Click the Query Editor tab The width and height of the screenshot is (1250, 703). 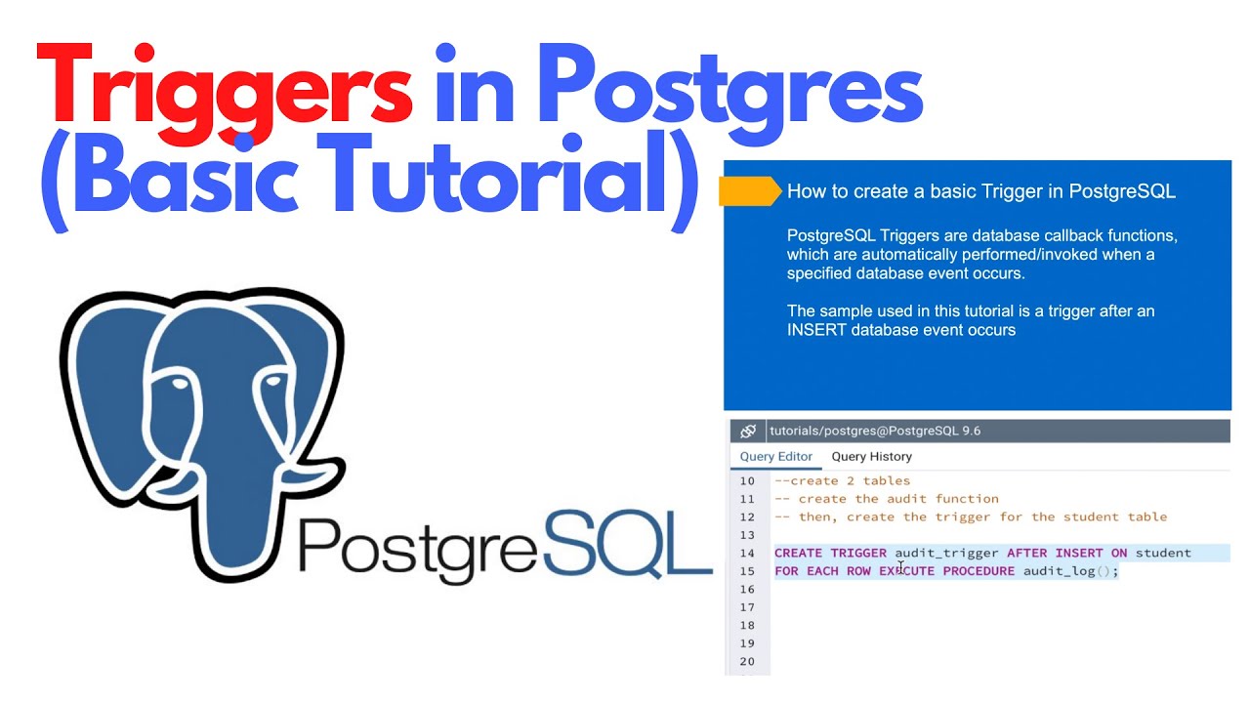775,456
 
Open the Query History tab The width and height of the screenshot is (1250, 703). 871,456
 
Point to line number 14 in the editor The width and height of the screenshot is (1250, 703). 747,553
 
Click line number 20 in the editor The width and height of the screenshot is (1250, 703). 747,662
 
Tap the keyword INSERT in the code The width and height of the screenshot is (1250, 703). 1078,553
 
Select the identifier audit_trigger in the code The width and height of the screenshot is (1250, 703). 946,553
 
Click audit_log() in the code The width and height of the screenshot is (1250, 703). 1070,571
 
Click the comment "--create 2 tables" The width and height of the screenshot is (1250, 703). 842,480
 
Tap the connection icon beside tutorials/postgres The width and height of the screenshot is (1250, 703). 748,431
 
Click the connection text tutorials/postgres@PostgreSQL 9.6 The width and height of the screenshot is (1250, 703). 875,431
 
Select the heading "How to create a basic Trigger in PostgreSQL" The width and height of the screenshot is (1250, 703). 980,191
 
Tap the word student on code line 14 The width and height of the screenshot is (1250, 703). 1163,553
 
